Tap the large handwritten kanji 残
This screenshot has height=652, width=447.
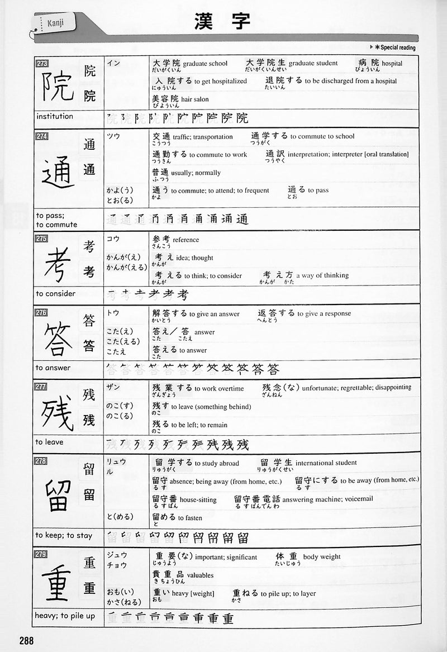click(x=58, y=413)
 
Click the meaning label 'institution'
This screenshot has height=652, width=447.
click(x=55, y=116)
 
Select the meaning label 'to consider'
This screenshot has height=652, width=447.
click(x=55, y=293)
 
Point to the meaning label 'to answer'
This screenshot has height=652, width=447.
click(x=53, y=368)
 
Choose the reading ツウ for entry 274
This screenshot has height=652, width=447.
click(x=113, y=136)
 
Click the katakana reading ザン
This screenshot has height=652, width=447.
click(x=113, y=387)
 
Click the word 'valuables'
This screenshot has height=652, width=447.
click(x=200, y=575)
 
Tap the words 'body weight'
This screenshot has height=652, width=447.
click(x=322, y=557)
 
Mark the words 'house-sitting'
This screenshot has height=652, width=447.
click(x=199, y=499)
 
